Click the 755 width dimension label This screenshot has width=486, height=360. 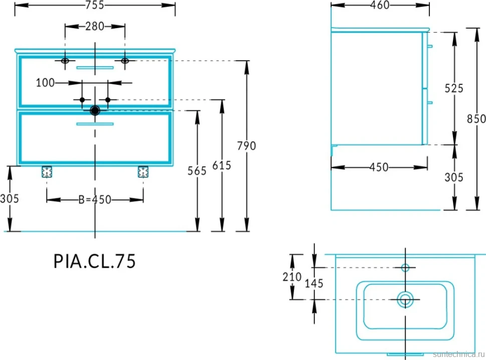(95, 6)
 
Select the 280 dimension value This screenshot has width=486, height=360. (95, 27)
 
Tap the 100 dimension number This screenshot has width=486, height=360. (45, 83)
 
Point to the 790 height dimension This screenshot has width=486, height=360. (247, 146)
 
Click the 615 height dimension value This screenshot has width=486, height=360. (221, 165)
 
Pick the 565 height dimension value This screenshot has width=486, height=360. (197, 171)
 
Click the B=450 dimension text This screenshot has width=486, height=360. (95, 200)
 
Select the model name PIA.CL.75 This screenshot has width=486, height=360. (95, 261)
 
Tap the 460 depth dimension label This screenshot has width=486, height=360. (380, 5)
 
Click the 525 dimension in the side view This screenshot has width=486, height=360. (454, 88)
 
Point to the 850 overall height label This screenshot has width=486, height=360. (476, 119)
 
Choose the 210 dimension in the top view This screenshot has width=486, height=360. (292, 277)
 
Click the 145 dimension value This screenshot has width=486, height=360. (314, 283)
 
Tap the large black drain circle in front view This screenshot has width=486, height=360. (95, 110)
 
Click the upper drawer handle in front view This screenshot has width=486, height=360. (95, 67)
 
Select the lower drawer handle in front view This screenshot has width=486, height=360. (95, 124)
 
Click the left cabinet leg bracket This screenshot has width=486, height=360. (47, 172)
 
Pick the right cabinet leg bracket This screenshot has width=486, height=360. (143, 172)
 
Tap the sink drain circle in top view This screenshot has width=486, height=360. (405, 299)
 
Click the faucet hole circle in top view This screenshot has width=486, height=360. (405, 267)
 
